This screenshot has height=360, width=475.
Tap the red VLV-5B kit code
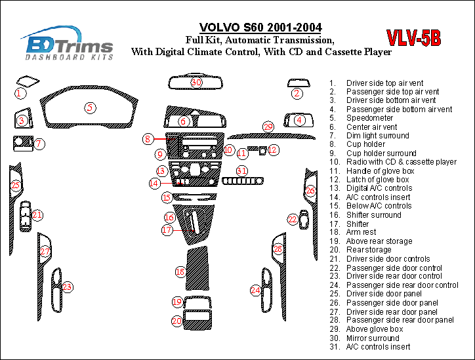413,39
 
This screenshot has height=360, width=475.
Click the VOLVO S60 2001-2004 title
260,28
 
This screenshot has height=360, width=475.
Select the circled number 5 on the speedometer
90,108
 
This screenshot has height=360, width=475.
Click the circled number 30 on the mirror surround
196,83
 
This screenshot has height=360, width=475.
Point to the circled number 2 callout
297,93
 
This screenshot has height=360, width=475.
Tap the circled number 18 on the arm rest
180,271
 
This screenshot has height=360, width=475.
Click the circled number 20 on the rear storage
177,321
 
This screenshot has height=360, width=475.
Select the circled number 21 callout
37,214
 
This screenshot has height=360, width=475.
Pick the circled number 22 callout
293,219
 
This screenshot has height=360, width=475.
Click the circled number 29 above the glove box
268,126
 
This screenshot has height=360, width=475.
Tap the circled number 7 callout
39,144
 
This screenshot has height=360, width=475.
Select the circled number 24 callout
255,290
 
